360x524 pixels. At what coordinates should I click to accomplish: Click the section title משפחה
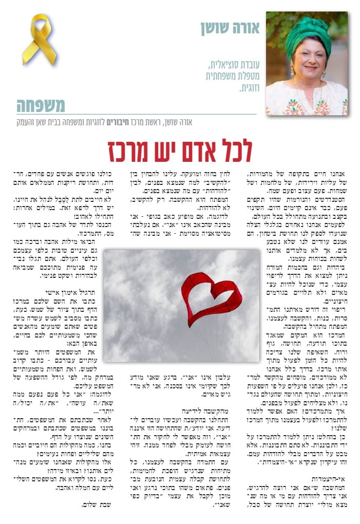point(41,105)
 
